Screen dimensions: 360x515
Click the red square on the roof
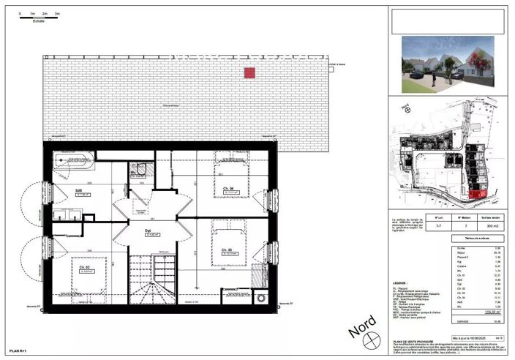click(249, 72)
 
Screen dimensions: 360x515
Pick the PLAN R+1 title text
click(18, 352)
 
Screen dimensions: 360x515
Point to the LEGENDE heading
click(401, 282)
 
